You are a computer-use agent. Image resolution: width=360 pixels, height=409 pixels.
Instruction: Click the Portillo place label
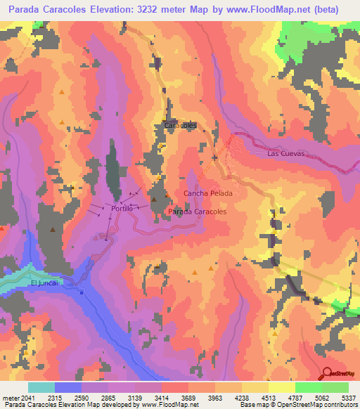pyautogui.click(x=122, y=209)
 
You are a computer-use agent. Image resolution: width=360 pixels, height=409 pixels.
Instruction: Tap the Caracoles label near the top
pyautogui.click(x=180, y=125)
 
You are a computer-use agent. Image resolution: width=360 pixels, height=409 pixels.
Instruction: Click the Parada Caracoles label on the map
pyautogui.click(x=198, y=211)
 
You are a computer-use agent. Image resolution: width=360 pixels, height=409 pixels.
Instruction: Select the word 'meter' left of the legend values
pyautogui.click(x=11, y=396)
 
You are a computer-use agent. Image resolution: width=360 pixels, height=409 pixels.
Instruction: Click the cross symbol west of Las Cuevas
pyautogui.click(x=216, y=157)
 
